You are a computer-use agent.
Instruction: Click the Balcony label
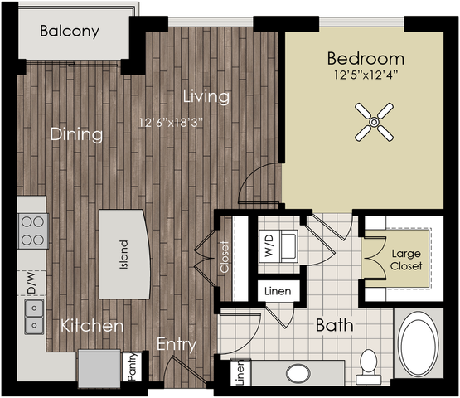(70, 32)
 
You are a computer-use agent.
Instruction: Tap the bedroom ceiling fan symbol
(374, 122)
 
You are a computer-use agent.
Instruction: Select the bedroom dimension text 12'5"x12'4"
(366, 75)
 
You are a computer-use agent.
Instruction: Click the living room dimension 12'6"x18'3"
(171, 123)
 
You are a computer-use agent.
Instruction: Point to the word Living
(206, 96)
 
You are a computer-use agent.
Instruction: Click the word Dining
(76, 134)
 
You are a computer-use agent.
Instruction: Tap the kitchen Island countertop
(124, 254)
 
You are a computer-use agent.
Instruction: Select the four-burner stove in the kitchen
(32, 231)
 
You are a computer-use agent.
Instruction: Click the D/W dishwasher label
(31, 284)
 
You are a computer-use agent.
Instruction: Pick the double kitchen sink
(34, 317)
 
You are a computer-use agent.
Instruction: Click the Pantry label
(133, 366)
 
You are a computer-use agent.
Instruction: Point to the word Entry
(177, 344)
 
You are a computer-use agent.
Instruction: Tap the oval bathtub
(419, 344)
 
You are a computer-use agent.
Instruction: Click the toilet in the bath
(369, 366)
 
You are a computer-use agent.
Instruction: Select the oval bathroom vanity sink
(298, 374)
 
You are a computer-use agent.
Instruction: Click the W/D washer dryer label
(269, 245)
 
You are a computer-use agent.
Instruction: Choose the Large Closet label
(406, 260)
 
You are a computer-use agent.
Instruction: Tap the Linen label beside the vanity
(240, 372)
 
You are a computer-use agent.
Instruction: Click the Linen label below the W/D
(278, 291)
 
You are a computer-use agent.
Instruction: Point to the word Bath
(335, 325)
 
